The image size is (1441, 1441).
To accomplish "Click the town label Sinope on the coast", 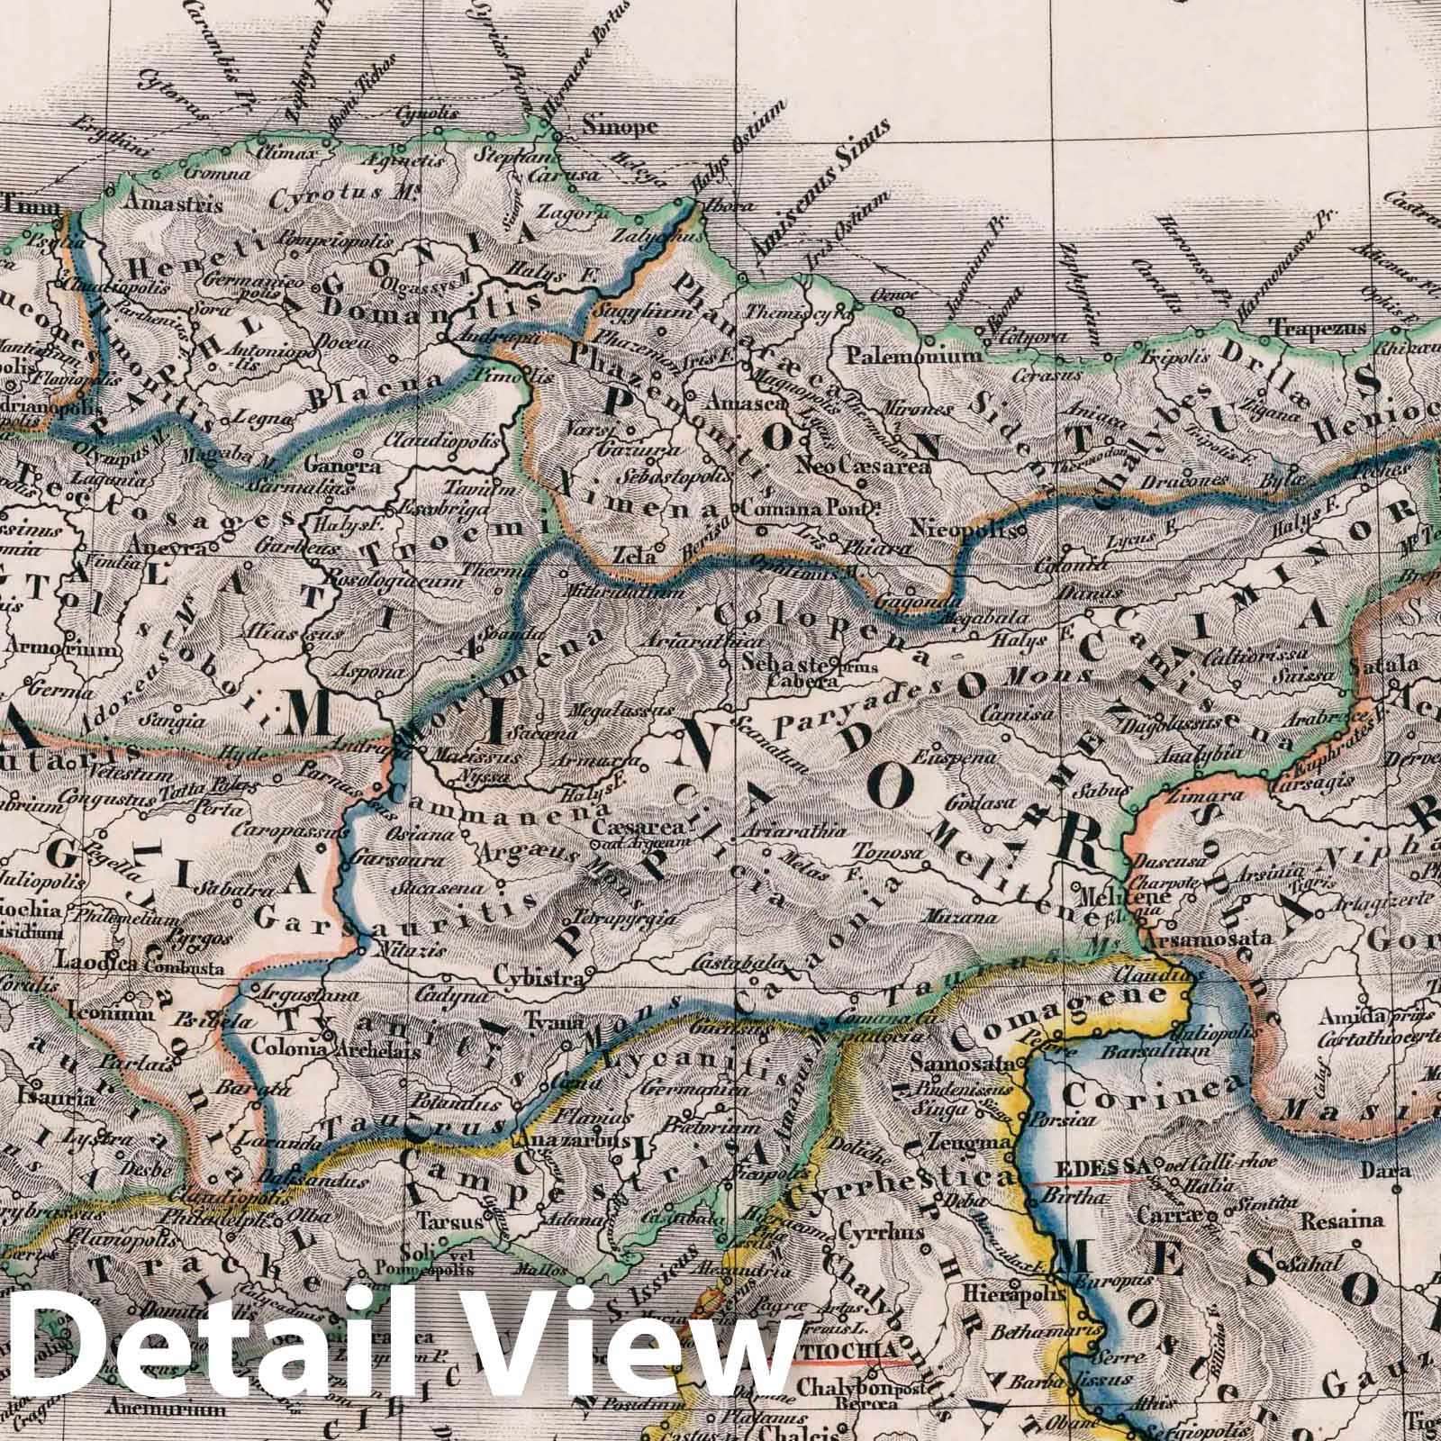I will coord(621,127).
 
